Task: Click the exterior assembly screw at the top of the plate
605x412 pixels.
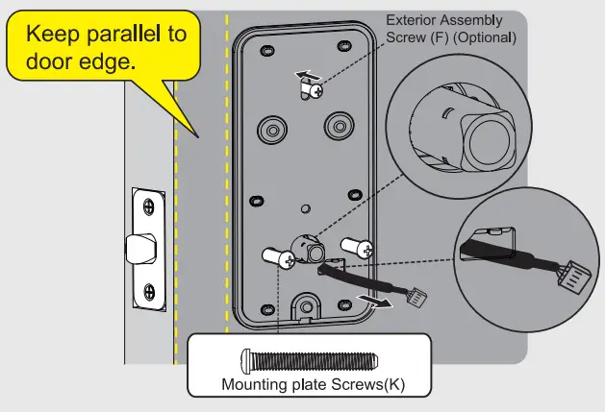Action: click(x=315, y=89)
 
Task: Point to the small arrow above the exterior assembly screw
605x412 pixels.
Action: click(x=303, y=73)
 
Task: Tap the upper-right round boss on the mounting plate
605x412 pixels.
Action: click(x=339, y=125)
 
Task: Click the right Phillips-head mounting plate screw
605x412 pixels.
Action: click(x=359, y=247)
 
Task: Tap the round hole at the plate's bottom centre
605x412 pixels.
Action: click(x=307, y=306)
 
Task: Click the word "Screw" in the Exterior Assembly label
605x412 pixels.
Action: click(x=406, y=38)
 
